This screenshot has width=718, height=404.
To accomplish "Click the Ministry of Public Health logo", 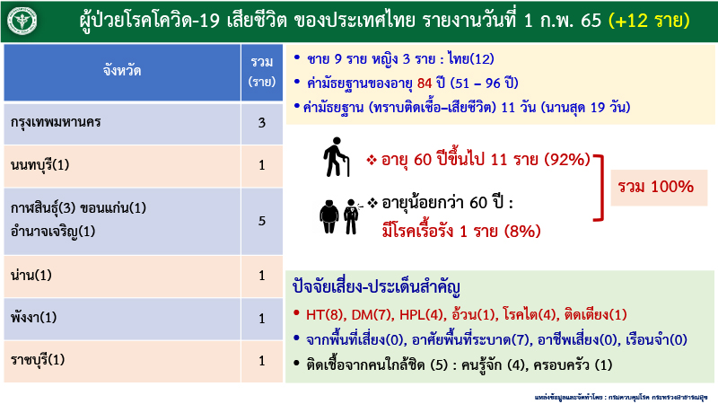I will tap(19, 20).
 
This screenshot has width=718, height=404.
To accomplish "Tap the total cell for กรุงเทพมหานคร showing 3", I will tap(261, 121).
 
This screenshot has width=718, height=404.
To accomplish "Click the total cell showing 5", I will tap(261, 220).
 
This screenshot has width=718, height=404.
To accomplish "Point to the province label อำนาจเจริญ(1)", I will tap(53, 231).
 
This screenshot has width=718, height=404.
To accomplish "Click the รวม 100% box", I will tap(655, 187).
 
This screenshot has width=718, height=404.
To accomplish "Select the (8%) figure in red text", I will tap(522, 232).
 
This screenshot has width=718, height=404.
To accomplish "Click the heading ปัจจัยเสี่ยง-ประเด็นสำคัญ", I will tap(376, 289).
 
